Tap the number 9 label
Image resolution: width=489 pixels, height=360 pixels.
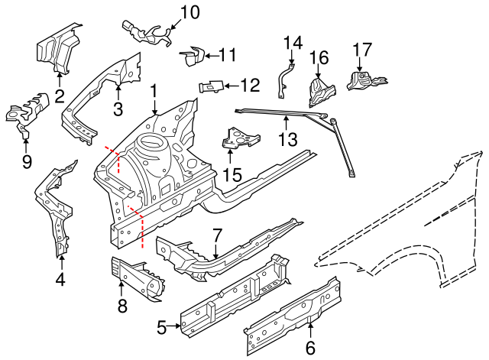point(27,161)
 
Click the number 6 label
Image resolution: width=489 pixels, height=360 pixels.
point(311,349)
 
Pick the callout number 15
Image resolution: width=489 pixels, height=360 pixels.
point(232,174)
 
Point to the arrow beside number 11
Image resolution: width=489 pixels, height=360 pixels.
point(210,54)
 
